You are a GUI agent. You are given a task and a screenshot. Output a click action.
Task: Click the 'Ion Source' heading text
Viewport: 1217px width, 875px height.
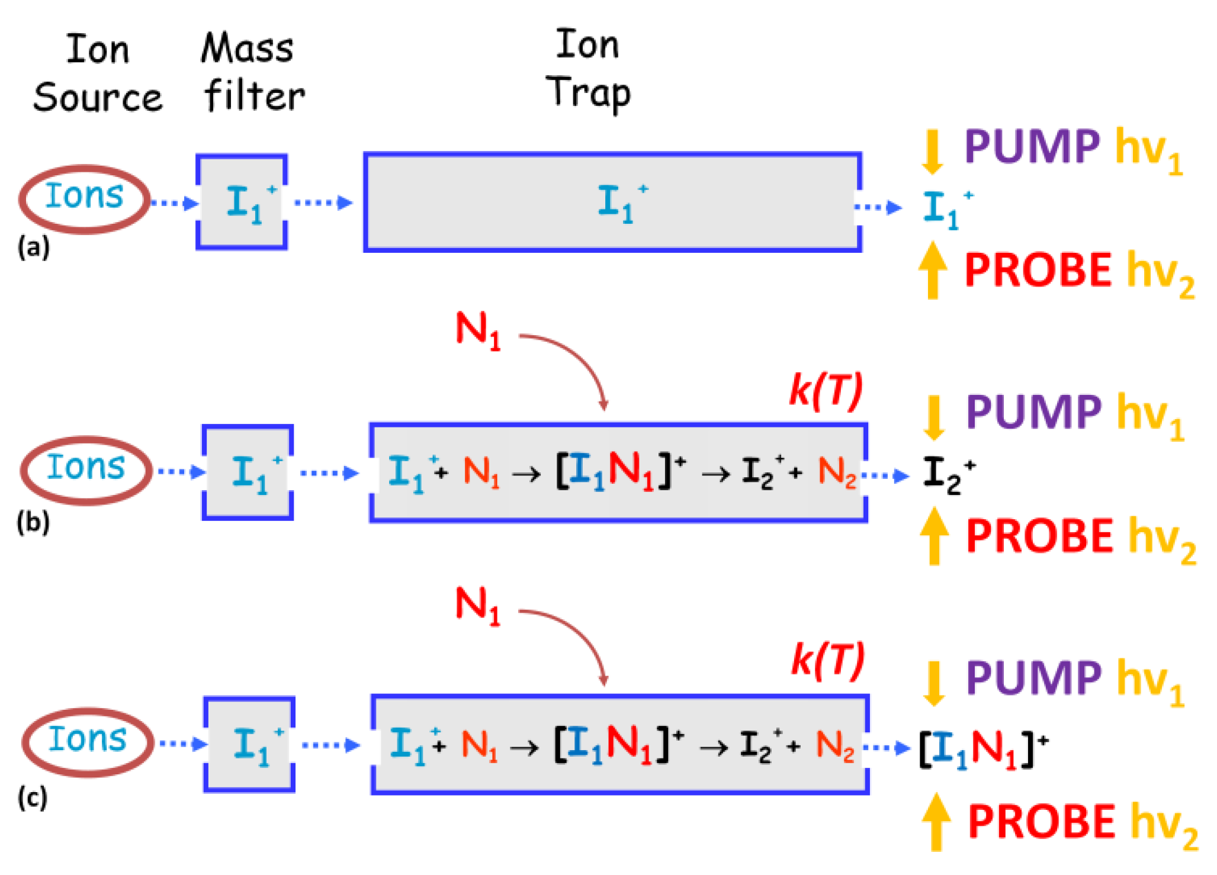98,74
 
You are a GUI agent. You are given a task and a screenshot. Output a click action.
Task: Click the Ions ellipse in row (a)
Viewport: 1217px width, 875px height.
84,199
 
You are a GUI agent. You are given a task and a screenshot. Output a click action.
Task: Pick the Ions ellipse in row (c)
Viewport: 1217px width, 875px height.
88,742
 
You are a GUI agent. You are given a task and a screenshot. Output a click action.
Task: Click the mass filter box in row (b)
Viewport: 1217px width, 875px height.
248,472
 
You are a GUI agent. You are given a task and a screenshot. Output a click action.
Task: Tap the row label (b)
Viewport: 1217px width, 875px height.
33,523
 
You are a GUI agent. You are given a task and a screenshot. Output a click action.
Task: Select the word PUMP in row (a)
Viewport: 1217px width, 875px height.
1032,147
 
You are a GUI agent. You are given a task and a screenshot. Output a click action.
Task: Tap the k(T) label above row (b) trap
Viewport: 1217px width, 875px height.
827,391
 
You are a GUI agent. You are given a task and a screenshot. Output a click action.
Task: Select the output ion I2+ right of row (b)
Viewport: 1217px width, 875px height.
948,474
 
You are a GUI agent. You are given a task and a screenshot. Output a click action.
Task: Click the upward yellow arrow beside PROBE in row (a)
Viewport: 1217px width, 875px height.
933,270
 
